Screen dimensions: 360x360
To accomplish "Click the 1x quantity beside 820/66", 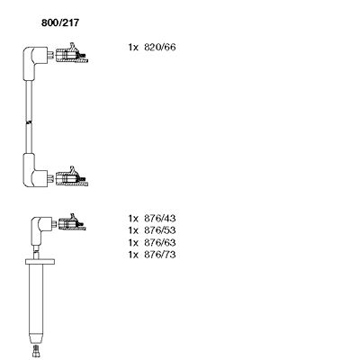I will point(134,46).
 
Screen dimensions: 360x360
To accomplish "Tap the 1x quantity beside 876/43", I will point(134,218).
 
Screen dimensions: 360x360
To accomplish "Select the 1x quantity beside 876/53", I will point(134,230).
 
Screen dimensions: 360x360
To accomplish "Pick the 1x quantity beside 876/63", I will point(134,243).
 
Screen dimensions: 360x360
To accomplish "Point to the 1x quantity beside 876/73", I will point(134,256).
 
